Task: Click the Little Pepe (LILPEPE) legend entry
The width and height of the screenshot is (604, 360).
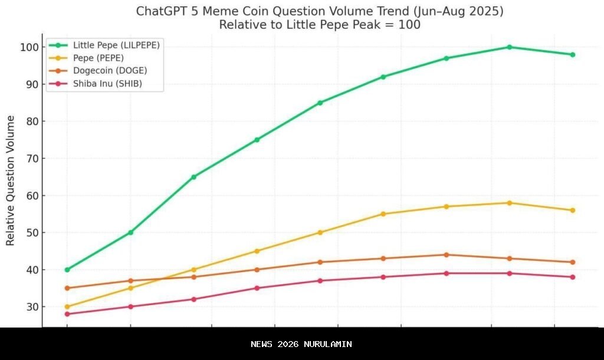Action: pos(116,45)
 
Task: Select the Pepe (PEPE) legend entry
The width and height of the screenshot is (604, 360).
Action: pos(97,58)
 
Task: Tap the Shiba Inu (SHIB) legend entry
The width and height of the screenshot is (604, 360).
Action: pos(107,84)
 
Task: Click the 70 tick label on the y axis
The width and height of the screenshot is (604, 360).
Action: pos(32,158)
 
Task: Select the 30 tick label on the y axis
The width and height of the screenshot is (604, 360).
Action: pos(32,307)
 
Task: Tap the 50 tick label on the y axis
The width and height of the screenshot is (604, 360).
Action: pos(32,233)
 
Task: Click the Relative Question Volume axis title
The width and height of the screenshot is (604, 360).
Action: pos(11,181)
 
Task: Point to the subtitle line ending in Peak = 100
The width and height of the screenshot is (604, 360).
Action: pos(319,25)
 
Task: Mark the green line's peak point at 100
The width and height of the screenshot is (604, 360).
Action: pos(509,47)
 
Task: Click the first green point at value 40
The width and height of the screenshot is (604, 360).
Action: pos(67,270)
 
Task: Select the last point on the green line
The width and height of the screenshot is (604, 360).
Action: pos(572,55)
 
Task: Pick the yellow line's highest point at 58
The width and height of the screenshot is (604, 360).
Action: pos(509,203)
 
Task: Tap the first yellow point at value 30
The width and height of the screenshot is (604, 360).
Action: pos(67,307)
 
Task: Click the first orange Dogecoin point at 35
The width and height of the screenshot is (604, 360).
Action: pos(67,288)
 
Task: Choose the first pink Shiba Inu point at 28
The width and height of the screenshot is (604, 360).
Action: pos(67,314)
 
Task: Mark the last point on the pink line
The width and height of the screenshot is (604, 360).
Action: pos(572,277)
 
